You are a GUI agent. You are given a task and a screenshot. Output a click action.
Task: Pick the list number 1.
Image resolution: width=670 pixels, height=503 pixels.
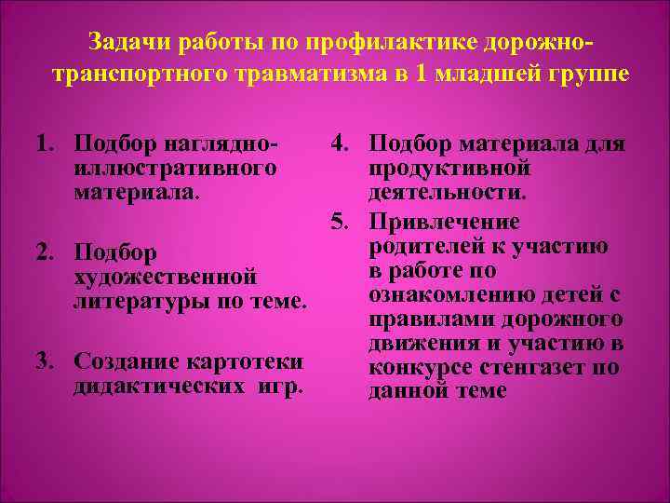(x=43, y=144)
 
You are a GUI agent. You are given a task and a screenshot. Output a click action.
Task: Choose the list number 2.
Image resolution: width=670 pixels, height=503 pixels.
(x=43, y=252)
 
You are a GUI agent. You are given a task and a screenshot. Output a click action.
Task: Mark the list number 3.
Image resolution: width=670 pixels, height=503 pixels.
(x=43, y=360)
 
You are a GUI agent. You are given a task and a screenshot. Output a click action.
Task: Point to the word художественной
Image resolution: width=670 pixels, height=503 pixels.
(x=165, y=277)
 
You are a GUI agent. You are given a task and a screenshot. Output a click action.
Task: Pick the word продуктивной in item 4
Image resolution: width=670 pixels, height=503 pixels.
(x=449, y=169)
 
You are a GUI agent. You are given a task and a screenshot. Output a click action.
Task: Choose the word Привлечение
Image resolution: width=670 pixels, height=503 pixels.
(x=444, y=223)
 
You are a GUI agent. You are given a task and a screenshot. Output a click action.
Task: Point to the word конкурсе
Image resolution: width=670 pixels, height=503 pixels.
(x=417, y=367)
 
